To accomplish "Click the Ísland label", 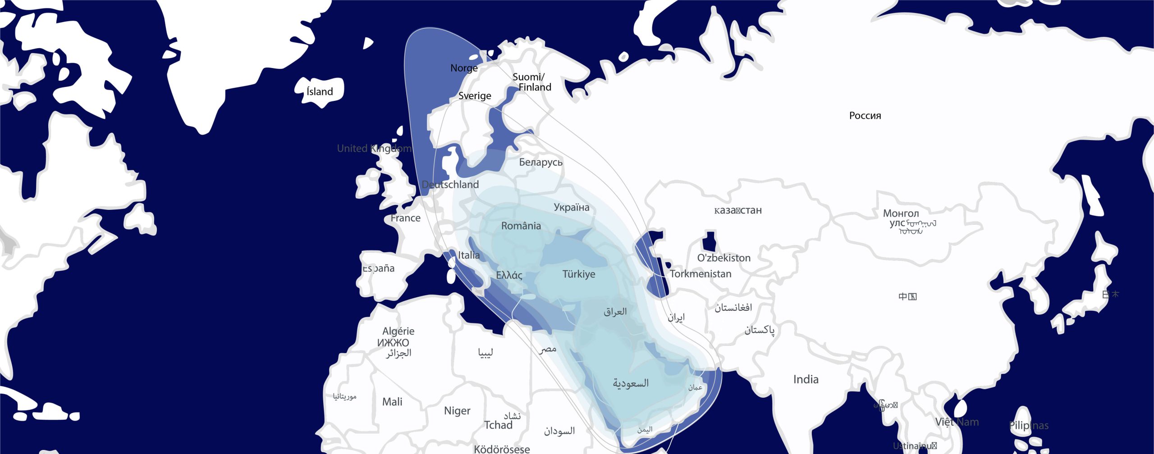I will [x=320, y=92].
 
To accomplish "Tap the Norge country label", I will [x=464, y=68].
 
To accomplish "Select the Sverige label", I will [x=475, y=96].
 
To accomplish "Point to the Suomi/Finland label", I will [x=532, y=82].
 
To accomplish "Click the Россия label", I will [x=865, y=116].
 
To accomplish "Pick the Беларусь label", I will [x=540, y=162].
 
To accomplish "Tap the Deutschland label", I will [x=450, y=185].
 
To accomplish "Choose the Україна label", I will [x=571, y=208].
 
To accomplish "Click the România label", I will [x=521, y=226].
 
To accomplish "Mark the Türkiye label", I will [x=578, y=274].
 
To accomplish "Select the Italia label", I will [x=469, y=255].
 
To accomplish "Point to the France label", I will [x=405, y=218].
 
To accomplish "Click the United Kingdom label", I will [x=374, y=149].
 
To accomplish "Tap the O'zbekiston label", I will [x=724, y=258].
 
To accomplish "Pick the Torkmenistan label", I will [x=700, y=274].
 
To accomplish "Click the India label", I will [x=806, y=380].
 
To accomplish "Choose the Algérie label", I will [x=398, y=331].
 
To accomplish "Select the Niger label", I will [x=457, y=411].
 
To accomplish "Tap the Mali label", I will [x=392, y=402].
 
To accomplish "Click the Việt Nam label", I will [x=957, y=422].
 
